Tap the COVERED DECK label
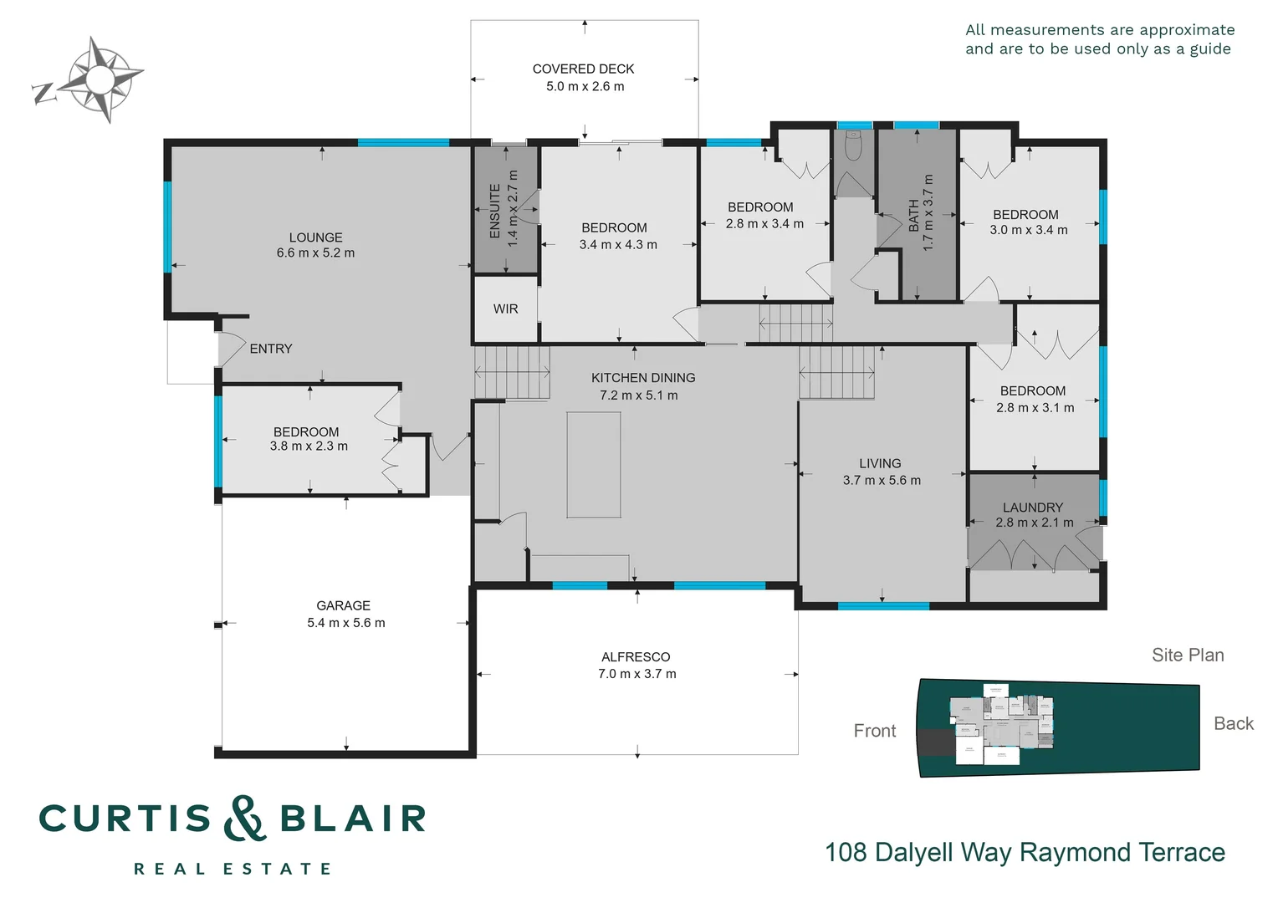pyautogui.click(x=583, y=69)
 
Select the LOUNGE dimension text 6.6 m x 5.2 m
pyautogui.click(x=315, y=253)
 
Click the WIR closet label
pyautogui.click(x=505, y=309)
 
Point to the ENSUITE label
pyautogui.click(x=495, y=211)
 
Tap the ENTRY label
pyautogui.click(x=271, y=349)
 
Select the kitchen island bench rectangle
pyautogui.click(x=593, y=464)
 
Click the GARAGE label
pyautogui.click(x=343, y=605)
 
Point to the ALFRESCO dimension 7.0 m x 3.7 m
pyautogui.click(x=636, y=674)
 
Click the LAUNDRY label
pyautogui.click(x=1033, y=508)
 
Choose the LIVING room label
pyautogui.click(x=880, y=463)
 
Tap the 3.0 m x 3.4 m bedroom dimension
pyautogui.click(x=1029, y=230)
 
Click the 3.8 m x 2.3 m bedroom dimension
pyautogui.click(x=309, y=446)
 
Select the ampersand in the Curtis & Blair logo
pyautogui.click(x=244, y=819)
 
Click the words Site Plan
pyautogui.click(x=1188, y=656)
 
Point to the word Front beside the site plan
pyautogui.click(x=875, y=731)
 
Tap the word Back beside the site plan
pyautogui.click(x=1234, y=724)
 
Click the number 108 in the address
pyautogui.click(x=846, y=853)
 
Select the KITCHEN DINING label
pyautogui.click(x=643, y=378)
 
